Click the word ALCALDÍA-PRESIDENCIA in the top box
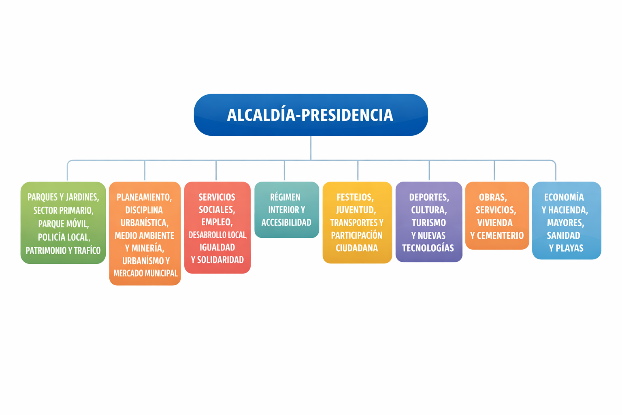click(x=310, y=115)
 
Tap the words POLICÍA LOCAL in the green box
click(x=64, y=237)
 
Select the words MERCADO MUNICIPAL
click(x=145, y=273)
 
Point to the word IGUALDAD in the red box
click(x=217, y=247)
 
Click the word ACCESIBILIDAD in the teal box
click(x=286, y=222)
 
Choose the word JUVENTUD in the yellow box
click(x=356, y=210)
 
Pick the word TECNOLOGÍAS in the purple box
click(x=428, y=248)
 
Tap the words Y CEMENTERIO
click(x=497, y=235)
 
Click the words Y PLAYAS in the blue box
click(x=566, y=248)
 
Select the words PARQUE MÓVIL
click(x=64, y=224)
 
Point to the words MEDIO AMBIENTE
click(x=145, y=235)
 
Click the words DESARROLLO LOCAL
click(x=218, y=235)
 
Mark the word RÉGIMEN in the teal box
click(x=285, y=197)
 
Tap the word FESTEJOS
click(x=355, y=197)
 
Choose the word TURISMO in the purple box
click(x=429, y=222)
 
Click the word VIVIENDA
click(x=495, y=222)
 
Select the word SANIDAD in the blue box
click(x=563, y=235)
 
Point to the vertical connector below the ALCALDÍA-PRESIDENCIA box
click(x=311, y=148)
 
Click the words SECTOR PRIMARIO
click(x=63, y=210)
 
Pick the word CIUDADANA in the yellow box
click(x=357, y=248)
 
